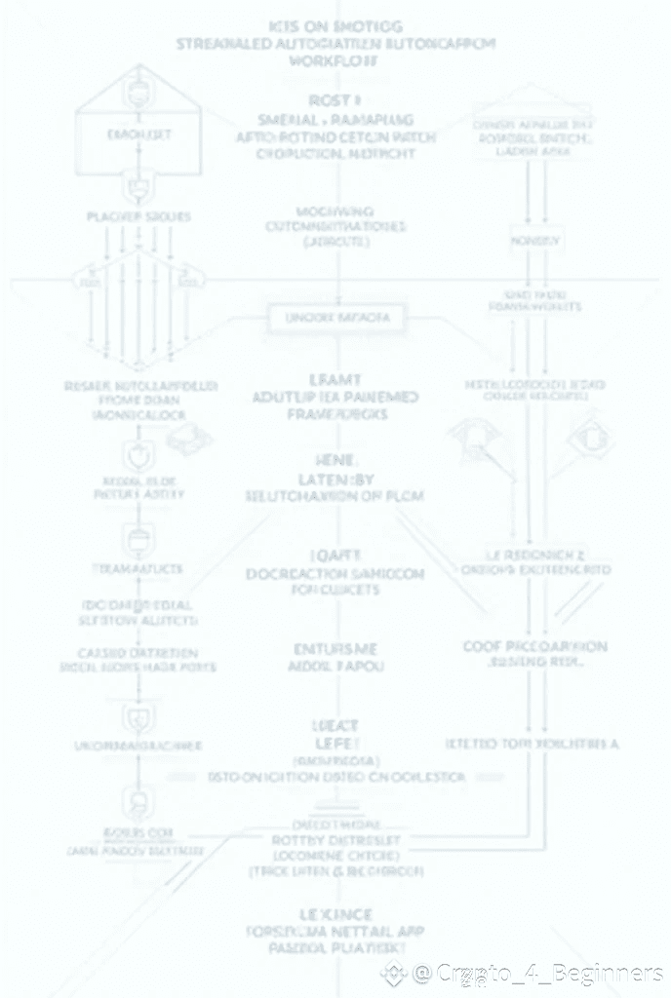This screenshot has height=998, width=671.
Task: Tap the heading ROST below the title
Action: click(335, 100)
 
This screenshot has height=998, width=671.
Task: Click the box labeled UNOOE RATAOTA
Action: click(335, 318)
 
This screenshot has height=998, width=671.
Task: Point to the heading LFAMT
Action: click(335, 380)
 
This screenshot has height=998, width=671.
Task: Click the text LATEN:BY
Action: click(335, 478)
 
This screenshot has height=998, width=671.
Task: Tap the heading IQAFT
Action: click(335, 556)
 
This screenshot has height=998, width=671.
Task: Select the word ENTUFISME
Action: click(335, 648)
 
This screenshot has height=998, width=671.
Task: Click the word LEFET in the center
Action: click(335, 743)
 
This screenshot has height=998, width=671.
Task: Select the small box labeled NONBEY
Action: click(535, 240)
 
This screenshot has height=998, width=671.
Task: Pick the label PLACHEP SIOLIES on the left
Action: click(138, 215)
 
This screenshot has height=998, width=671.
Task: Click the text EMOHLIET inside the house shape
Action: click(138, 135)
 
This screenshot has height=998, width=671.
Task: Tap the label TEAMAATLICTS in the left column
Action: click(137, 567)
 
